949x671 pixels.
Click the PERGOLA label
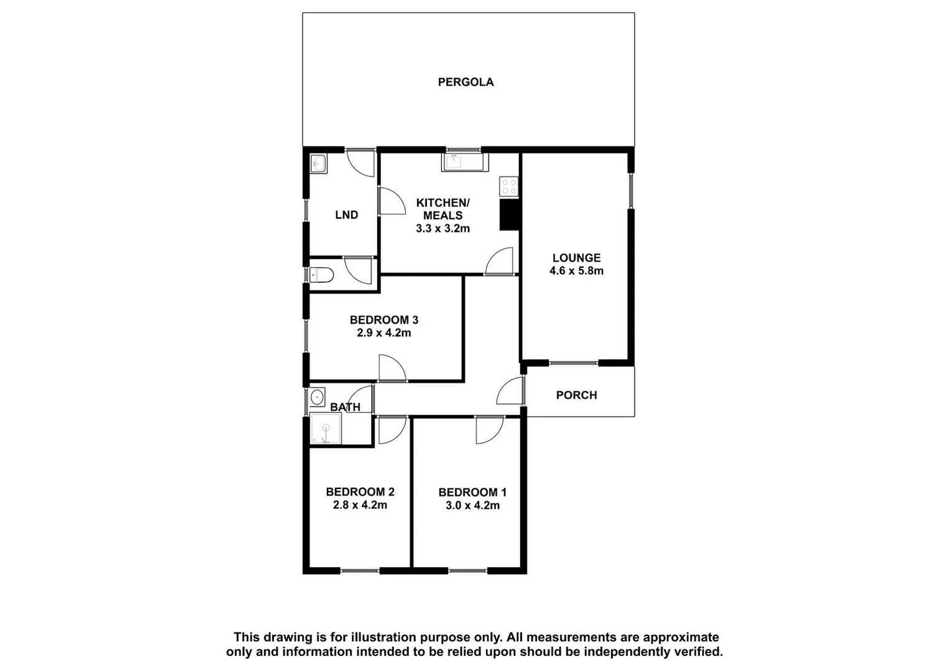coord(465,82)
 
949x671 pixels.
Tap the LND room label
coord(346,215)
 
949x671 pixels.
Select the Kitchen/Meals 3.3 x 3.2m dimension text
coord(442,229)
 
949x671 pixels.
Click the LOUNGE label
coord(576,258)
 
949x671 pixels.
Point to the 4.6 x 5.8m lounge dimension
coord(576,271)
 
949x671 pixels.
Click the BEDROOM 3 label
coord(383,320)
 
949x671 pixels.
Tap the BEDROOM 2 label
coord(360,492)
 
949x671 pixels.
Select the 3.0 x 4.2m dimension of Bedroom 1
coord(472,506)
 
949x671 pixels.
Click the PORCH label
coord(576,395)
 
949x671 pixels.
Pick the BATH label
coord(345,408)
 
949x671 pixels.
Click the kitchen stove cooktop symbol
coord(509,186)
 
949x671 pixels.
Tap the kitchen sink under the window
coord(457,163)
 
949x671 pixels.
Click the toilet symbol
coord(321,274)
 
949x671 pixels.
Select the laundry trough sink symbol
coord(318,164)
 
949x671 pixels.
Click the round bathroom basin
coord(318,396)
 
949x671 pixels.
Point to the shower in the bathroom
coord(325,429)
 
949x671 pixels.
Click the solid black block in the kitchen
coord(510,215)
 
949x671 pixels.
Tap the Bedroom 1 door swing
coord(488,429)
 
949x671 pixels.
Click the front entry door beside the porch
coord(511,391)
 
